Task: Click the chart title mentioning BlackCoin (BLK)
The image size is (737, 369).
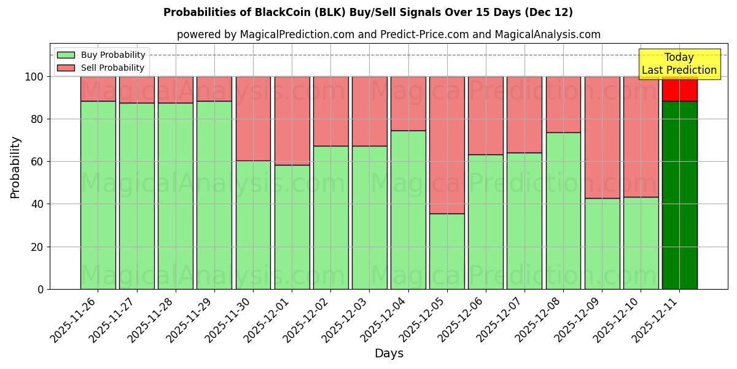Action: click(x=368, y=12)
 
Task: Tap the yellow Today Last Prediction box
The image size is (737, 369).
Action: click(x=679, y=64)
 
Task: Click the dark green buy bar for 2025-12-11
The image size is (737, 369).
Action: click(x=679, y=195)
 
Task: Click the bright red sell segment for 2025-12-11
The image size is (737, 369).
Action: click(x=679, y=90)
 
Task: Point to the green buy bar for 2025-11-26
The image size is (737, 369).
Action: click(x=98, y=195)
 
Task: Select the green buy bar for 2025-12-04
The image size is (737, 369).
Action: click(x=408, y=210)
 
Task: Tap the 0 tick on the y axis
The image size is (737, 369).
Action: click(x=41, y=289)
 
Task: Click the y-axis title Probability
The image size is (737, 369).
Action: click(x=15, y=167)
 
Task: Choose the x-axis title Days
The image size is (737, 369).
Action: click(x=389, y=354)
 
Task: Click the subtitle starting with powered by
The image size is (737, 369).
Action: click(x=388, y=34)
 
